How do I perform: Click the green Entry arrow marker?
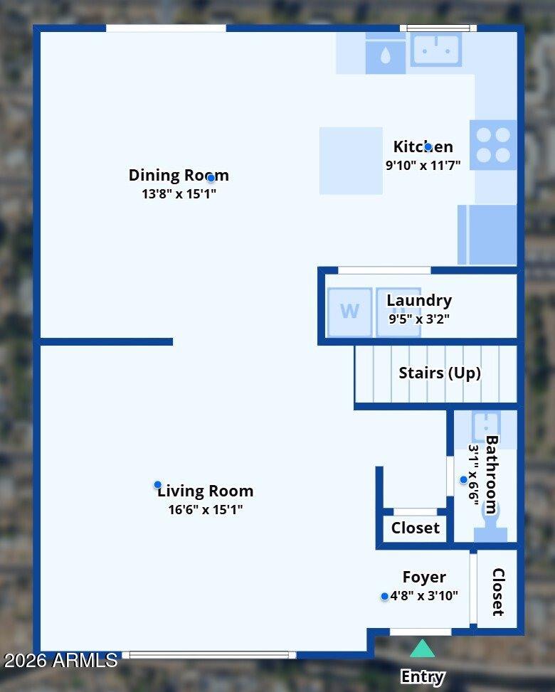coord(422,649)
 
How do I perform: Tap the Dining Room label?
coord(179,175)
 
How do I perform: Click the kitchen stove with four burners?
coord(493,145)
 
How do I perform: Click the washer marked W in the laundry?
coord(349,312)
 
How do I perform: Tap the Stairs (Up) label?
coord(439,373)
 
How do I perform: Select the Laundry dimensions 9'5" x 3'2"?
coord(418,319)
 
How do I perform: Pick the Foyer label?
coord(424,577)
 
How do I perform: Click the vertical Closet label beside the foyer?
coord(498,592)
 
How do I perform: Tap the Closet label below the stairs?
coord(416,528)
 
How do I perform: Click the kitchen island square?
coord(351,161)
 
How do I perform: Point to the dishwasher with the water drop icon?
coord(385,55)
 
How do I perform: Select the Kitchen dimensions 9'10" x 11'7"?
coord(423,165)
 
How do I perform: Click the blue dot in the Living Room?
coord(158,485)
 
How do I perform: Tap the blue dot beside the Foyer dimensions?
coord(385,596)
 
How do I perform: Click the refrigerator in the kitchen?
coord(488,235)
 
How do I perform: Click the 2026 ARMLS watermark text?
coord(60,660)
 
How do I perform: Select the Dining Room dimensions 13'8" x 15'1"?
coord(179,193)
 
